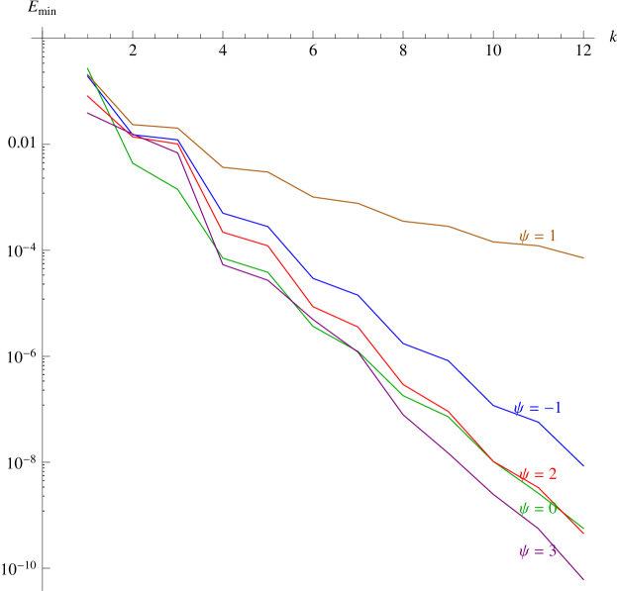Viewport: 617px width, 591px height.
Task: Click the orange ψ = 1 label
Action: (538, 237)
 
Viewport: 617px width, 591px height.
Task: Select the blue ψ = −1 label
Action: (538, 408)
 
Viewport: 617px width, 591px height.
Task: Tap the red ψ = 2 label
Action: (538, 474)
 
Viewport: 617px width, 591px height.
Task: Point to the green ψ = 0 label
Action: (538, 509)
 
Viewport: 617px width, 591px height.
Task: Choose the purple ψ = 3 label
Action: (538, 551)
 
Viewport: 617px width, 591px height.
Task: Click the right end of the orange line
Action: (583, 258)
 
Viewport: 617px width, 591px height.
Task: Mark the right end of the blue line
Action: (583, 465)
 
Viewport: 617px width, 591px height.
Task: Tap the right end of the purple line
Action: (583, 579)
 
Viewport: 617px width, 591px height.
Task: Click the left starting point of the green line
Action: (87, 67)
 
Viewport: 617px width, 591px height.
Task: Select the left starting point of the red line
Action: (87, 96)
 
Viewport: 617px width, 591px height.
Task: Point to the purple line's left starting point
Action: (87, 112)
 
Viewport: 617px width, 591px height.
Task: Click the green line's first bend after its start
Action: (133, 162)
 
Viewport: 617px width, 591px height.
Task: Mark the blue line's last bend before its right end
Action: (538, 422)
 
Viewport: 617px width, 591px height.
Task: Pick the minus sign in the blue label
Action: (546, 408)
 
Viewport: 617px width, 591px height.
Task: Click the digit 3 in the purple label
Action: (552, 551)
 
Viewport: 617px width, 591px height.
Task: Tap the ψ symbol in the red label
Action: (524, 474)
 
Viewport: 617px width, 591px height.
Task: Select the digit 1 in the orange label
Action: (552, 237)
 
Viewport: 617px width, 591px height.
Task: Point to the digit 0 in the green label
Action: (552, 509)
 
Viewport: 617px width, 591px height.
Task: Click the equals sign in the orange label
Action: (538, 237)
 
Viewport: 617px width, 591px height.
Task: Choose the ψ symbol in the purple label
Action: (524, 551)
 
